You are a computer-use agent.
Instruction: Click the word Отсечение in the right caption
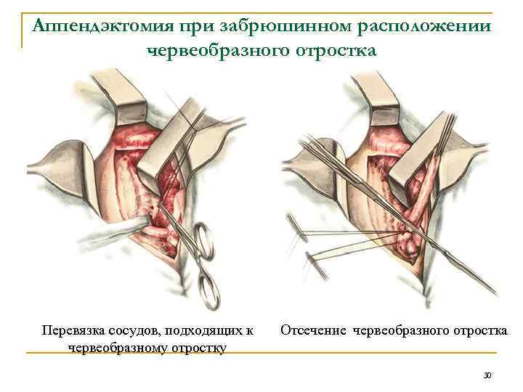pyautogui.click(x=314, y=331)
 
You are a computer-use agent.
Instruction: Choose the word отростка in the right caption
pyautogui.click(x=477, y=331)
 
